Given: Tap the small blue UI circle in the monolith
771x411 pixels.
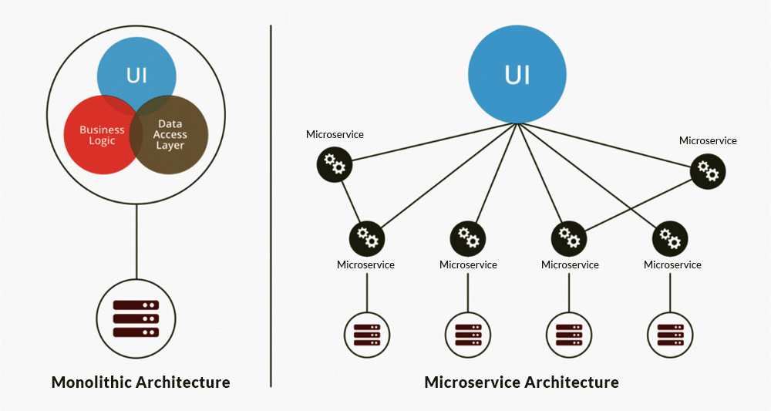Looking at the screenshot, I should click(x=136, y=73).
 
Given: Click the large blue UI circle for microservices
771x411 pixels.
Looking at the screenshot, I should click(x=517, y=75).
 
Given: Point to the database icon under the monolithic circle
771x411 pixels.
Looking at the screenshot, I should click(x=136, y=318).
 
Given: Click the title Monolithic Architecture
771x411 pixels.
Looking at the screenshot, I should click(x=140, y=382).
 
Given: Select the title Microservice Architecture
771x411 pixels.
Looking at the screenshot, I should click(x=521, y=382).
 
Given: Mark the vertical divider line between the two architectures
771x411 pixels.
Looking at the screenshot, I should click(x=271, y=204).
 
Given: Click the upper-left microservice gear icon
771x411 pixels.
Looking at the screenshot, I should click(x=335, y=164).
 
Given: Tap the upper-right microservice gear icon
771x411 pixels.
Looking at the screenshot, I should click(x=708, y=170).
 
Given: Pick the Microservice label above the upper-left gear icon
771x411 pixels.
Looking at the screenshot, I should click(x=335, y=134).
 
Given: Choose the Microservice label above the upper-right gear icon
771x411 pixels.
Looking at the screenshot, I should click(x=708, y=140).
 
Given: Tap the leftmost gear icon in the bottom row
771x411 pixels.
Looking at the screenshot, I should click(x=367, y=238).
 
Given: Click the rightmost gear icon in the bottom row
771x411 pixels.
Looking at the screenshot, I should click(x=670, y=238).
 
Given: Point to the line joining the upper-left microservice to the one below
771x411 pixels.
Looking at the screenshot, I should click(x=352, y=202).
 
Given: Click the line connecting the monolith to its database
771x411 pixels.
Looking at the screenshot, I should click(x=136, y=243).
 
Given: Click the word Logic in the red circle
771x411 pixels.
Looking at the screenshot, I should click(x=102, y=141).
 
